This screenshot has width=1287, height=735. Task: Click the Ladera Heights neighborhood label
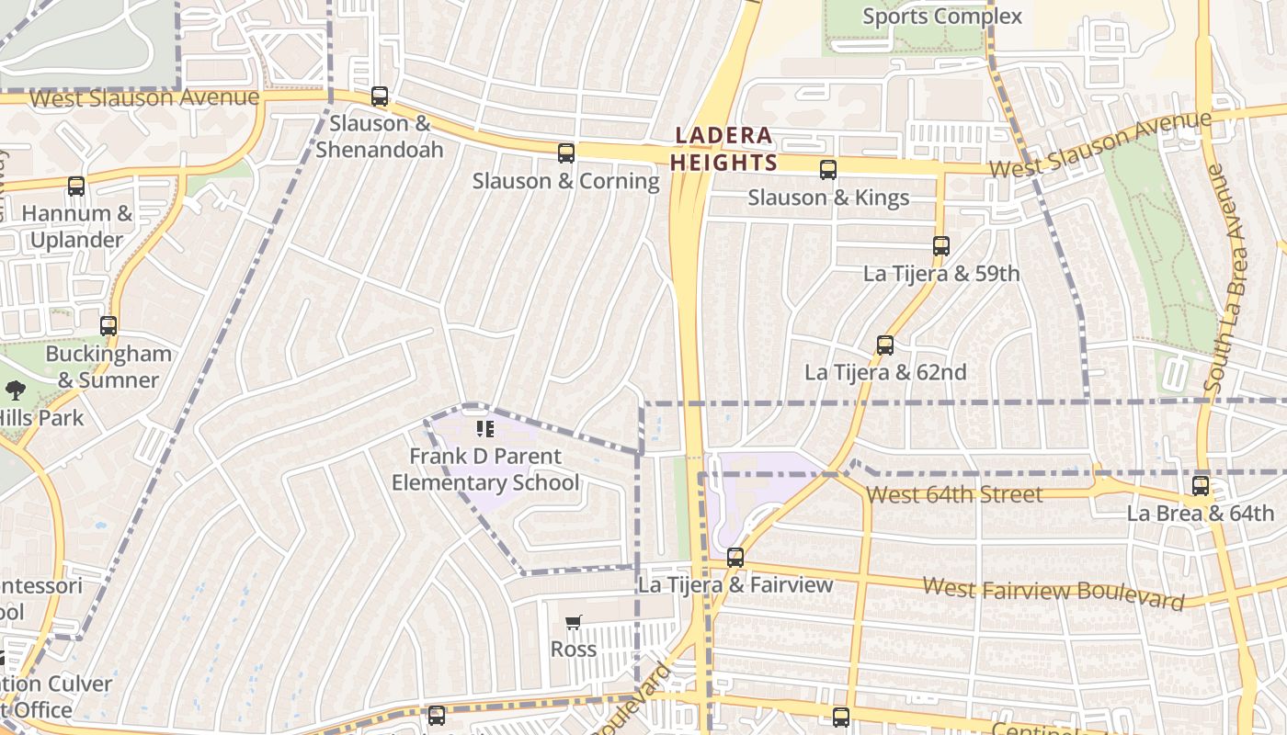tap(723, 149)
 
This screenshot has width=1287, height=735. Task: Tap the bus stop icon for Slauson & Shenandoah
tap(380, 96)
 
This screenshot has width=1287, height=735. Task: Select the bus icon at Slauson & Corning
tap(566, 153)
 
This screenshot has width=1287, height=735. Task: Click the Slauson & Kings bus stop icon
tap(828, 170)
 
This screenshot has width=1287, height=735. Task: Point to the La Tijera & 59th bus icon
tap(940, 246)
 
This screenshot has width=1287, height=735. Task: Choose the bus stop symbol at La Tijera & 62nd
tap(885, 345)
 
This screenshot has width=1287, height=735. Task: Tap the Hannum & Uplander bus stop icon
tap(76, 187)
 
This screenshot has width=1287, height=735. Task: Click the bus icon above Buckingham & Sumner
tap(108, 326)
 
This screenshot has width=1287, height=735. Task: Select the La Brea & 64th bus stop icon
tap(1201, 486)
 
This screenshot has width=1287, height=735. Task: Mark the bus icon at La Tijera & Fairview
tap(735, 558)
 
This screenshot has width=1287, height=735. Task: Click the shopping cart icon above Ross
tap(574, 623)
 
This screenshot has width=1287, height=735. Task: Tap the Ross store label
tap(574, 650)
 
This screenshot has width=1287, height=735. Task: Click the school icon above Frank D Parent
tap(485, 429)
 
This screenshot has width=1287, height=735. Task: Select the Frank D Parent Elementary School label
tap(485, 469)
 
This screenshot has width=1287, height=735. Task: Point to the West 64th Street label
tap(954, 495)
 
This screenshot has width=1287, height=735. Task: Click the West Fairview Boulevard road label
tap(1053, 593)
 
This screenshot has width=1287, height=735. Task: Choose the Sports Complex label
tap(941, 17)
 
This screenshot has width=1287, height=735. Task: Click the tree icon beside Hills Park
tap(15, 390)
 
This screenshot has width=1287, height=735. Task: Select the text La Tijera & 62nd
tap(885, 372)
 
